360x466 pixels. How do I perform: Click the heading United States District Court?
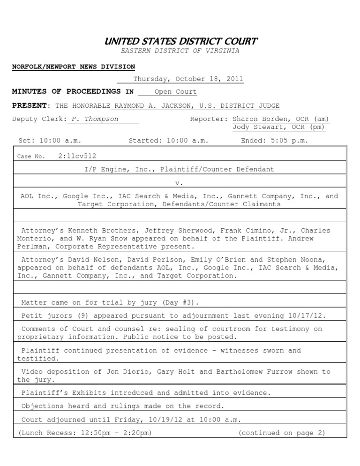pyautogui.click(x=180, y=41)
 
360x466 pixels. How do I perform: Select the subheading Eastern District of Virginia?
pyautogui.click(x=180, y=51)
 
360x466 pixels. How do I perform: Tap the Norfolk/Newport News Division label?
pyautogui.click(x=73, y=67)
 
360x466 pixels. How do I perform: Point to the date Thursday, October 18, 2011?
pyautogui.click(x=188, y=79)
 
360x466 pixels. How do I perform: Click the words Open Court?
pyautogui.click(x=176, y=92)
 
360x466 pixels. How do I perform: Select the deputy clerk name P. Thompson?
pyautogui.click(x=95, y=119)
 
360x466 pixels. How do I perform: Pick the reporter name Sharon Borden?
pyautogui.click(x=258, y=119)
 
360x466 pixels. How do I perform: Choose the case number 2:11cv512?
pyautogui.click(x=77, y=156)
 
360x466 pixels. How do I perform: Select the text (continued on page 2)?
pyautogui.click(x=281, y=433)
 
